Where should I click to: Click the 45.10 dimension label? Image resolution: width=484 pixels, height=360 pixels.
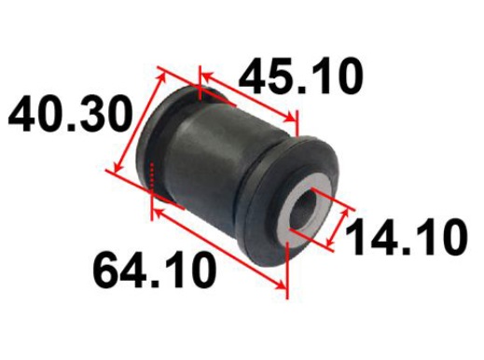pyautogui.click(x=300, y=76)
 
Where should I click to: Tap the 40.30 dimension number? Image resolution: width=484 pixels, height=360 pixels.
pyautogui.click(x=70, y=114)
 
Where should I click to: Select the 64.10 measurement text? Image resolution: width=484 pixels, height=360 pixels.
pyautogui.click(x=155, y=270)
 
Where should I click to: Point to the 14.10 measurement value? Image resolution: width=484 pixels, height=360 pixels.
pyautogui.click(x=406, y=237)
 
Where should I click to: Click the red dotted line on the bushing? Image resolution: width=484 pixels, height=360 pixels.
pyautogui.click(x=152, y=174)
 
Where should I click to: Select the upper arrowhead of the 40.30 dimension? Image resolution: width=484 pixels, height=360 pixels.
pyautogui.click(x=160, y=78)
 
